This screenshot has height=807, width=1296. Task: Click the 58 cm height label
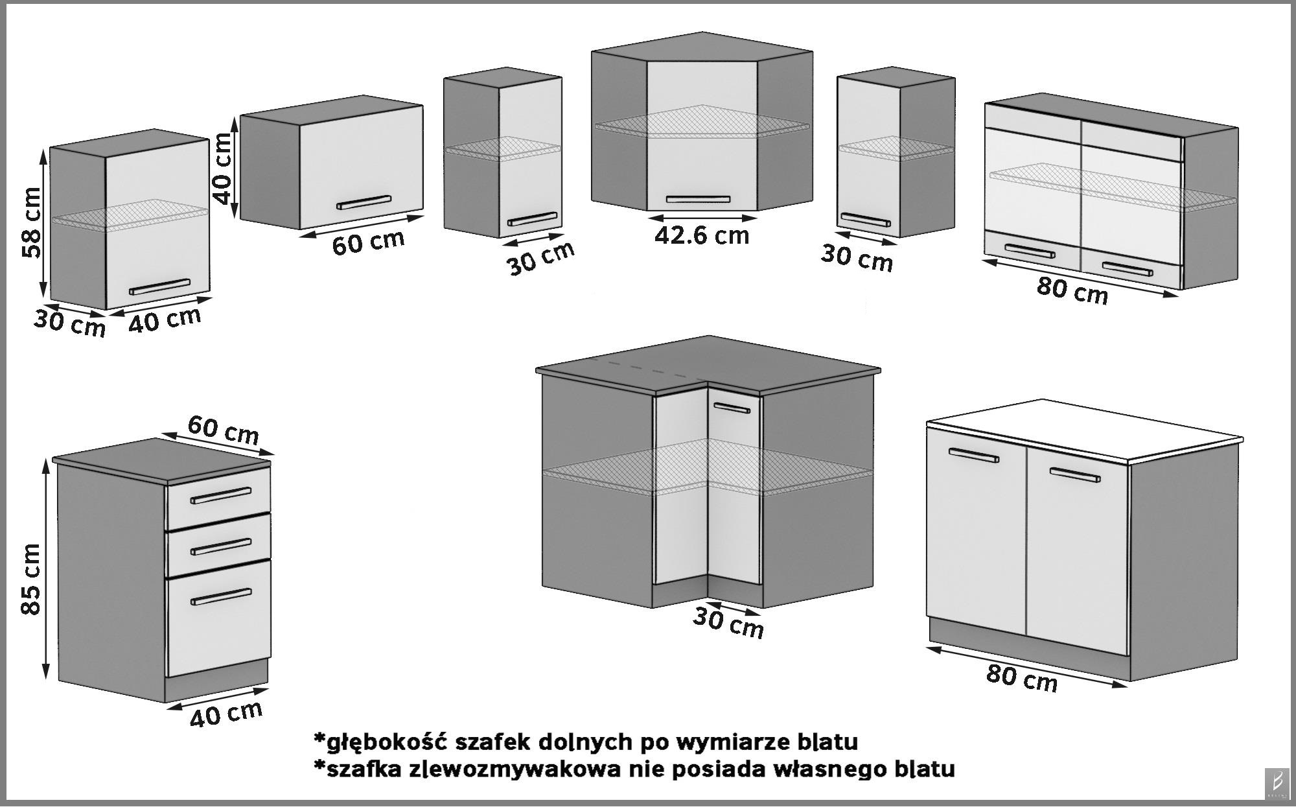30,222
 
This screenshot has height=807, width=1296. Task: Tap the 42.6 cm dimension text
701,235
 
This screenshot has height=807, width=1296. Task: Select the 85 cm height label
30,579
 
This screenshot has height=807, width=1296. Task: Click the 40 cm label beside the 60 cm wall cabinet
223,168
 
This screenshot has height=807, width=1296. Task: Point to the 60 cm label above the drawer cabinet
223,430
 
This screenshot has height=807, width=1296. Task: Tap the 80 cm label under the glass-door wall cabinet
1072,289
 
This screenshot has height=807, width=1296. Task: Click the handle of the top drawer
221,496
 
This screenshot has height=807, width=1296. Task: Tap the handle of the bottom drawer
221,596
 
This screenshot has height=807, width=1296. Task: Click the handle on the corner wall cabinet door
698,199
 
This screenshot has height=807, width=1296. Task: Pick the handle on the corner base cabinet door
732,408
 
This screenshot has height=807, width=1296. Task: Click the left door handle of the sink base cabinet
973,455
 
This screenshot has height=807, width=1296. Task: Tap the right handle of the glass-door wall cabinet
1128,268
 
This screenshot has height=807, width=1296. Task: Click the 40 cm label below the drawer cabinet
226,714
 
